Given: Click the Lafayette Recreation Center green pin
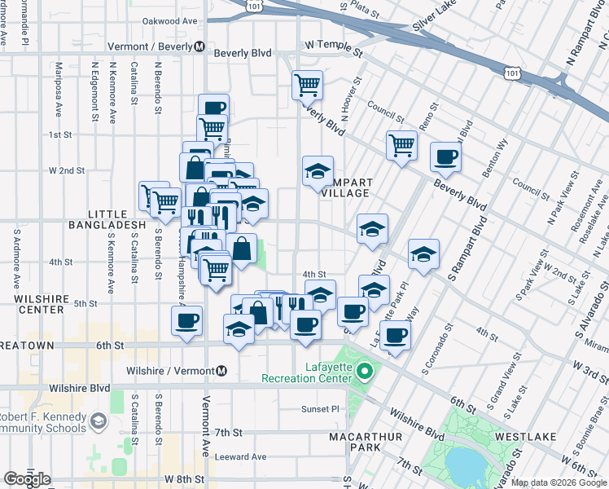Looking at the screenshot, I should (366, 373).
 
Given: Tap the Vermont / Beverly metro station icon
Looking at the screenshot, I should (199, 47).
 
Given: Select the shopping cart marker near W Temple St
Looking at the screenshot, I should (308, 84).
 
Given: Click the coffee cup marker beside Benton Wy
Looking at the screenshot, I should (446, 157).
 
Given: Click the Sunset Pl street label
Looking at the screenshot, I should (319, 409).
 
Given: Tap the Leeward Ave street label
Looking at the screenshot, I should (240, 456).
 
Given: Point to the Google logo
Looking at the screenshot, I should (28, 479).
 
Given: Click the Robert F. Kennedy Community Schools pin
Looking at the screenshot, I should (98, 421).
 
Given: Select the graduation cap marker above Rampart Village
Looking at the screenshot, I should (318, 171).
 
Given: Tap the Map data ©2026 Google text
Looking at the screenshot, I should (559, 482).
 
